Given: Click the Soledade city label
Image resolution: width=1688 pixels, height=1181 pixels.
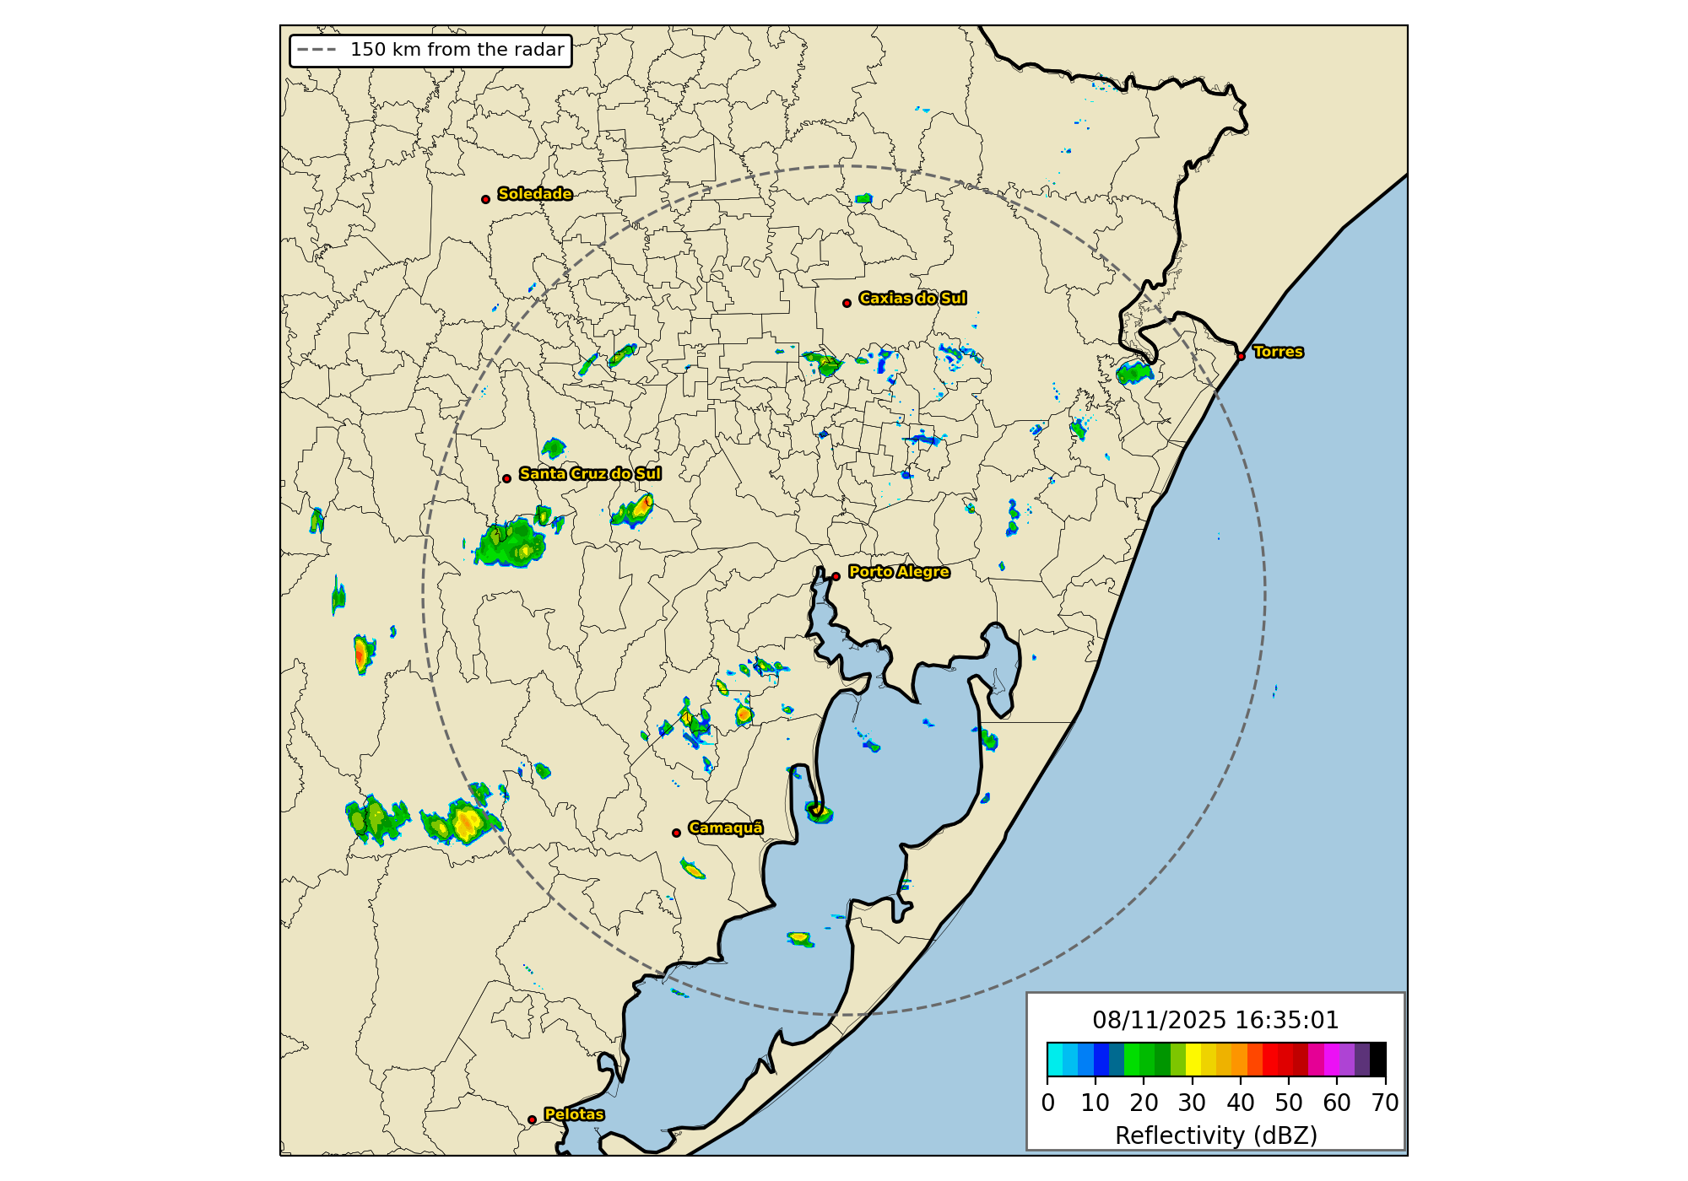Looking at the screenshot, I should pos(534,194).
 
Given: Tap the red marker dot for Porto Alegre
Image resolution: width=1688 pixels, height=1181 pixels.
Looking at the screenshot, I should pos(836,576).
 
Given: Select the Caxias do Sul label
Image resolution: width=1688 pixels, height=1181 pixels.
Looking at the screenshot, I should pos(912,299).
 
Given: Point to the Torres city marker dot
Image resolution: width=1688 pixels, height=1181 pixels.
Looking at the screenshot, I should pos(1241,356).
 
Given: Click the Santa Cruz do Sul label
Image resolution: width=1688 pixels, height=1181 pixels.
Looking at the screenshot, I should pos(590,474).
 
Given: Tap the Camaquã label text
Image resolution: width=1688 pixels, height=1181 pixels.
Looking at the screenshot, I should pos(725,828).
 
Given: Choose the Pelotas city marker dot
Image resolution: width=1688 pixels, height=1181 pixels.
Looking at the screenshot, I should pos(532,1119).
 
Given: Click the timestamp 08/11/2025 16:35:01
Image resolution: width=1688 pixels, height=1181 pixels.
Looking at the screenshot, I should pos(1215,1021).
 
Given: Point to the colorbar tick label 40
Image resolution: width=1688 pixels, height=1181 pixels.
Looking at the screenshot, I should pos(1240,1103).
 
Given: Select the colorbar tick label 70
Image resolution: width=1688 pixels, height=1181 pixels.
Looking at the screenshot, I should pos(1385,1103).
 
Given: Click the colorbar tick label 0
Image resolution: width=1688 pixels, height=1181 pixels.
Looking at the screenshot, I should pos(1047,1103).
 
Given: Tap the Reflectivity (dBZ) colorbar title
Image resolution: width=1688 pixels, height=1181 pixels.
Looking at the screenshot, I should pos(1215,1136).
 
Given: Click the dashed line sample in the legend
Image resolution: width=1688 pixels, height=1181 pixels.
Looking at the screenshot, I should pos(316,50).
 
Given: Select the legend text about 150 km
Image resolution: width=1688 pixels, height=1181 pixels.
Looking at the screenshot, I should pos(457,50).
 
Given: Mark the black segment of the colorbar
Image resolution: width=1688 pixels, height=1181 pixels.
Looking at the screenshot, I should pos(1377,1060).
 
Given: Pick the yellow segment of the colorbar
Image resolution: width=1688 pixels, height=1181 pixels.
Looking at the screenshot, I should pos(1193,1060).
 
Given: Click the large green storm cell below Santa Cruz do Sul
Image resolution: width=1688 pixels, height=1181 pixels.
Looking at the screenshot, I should pos(510,545).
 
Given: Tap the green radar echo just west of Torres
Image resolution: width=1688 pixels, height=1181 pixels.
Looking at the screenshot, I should pos(1133,372).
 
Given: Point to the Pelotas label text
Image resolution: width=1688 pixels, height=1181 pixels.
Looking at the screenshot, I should pos(574,1114).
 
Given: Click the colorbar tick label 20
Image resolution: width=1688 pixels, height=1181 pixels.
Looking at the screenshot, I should pos(1144,1103).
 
